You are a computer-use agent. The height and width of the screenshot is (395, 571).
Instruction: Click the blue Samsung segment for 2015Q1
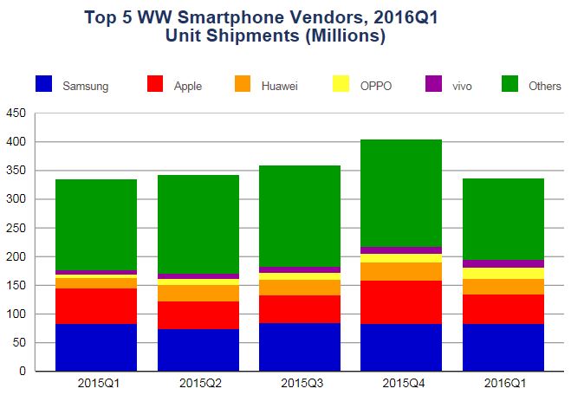pos(96,346)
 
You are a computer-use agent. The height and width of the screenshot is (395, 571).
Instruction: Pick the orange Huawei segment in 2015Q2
pos(198,293)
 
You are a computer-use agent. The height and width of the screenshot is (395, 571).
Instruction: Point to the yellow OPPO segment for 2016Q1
pos(503,273)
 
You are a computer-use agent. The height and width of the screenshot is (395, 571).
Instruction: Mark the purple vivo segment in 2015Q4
pos(401,249)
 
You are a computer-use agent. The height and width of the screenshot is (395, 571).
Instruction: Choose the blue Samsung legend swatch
pos(44,84)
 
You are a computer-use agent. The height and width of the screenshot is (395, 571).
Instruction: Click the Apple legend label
pos(188,86)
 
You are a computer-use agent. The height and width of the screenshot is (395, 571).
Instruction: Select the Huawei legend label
pos(281,86)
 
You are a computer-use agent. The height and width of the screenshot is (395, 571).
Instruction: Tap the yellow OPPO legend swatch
pos(341,84)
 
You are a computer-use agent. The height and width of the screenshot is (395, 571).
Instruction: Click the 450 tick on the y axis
pos(15,113)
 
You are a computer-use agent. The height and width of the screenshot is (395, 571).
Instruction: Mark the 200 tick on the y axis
pos(15,256)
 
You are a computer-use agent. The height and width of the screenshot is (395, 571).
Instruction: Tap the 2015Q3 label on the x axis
pos(300,382)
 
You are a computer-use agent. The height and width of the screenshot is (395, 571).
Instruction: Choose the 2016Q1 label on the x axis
pos(503,382)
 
